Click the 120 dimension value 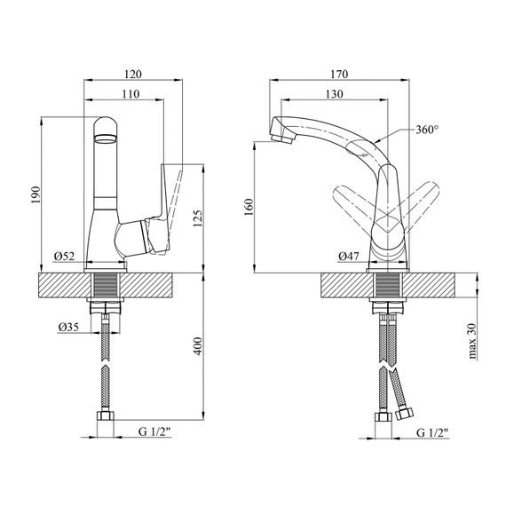(x=133, y=75)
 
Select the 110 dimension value (x=130, y=94)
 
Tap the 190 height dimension (x=36, y=195)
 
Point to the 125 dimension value (x=198, y=218)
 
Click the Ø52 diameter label (x=65, y=257)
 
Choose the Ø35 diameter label (x=68, y=328)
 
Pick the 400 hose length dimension (x=198, y=346)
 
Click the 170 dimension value (x=339, y=75)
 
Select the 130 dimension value (x=335, y=94)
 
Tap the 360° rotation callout (x=427, y=130)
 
